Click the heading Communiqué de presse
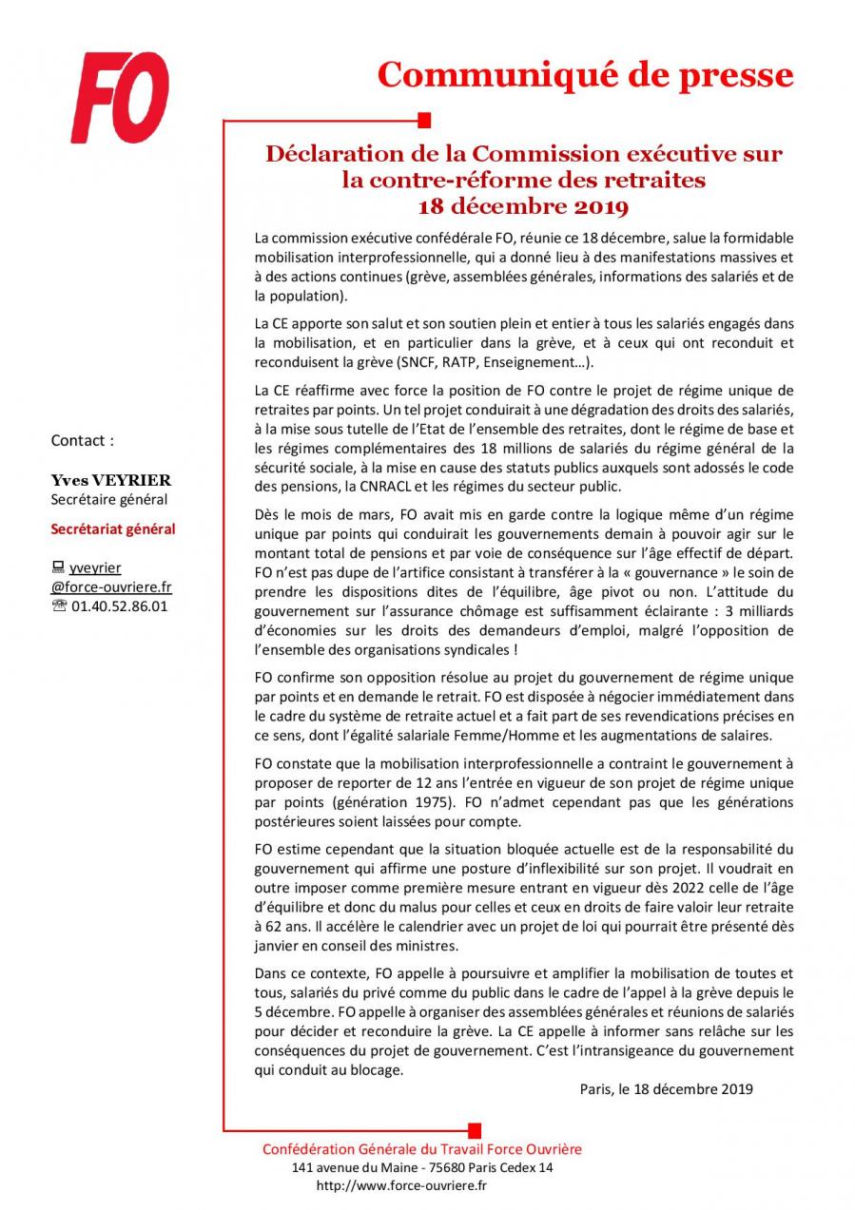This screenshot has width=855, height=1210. pos(584,74)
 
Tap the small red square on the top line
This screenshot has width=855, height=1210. pos(425,120)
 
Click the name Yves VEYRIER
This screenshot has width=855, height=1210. pos(110,480)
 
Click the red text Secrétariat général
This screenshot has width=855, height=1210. pos(112,529)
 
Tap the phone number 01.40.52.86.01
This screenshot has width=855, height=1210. pos(119,605)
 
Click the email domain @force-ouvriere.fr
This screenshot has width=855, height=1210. pos(110,586)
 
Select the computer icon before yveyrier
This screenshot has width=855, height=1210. pos(57,567)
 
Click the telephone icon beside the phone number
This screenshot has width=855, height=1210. pos(58,605)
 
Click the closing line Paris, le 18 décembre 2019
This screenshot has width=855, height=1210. pos(666,1089)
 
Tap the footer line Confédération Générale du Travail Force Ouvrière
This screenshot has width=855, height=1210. pos(421,1148)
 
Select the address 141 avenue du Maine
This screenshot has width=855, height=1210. pos(352,1167)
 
